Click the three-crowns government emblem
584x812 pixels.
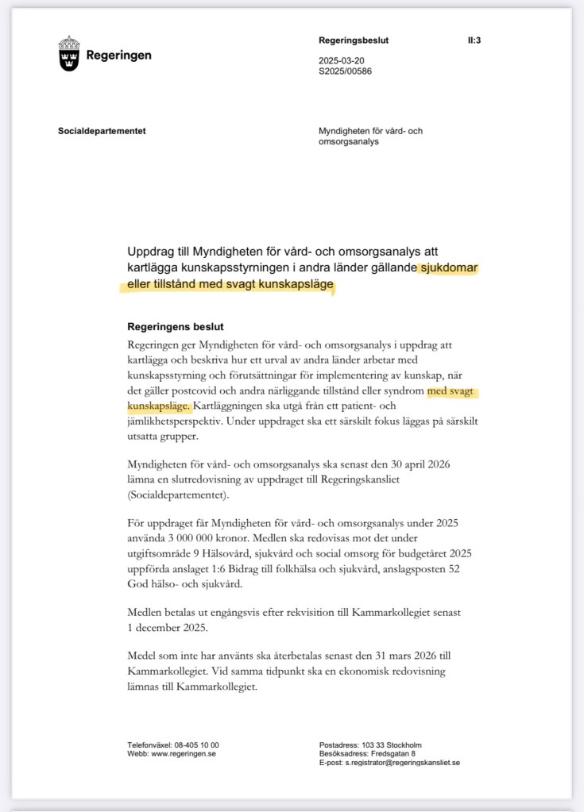69,54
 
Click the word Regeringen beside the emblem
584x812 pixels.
118,56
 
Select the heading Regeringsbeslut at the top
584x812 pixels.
354,40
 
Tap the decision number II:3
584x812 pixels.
474,40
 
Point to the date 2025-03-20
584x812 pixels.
341,60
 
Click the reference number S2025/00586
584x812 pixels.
346,71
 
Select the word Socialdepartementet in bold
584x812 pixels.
102,131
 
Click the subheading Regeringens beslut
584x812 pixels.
176,327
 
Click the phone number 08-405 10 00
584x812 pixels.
195,745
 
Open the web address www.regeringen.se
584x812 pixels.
184,753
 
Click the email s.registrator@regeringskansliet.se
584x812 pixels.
402,762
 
